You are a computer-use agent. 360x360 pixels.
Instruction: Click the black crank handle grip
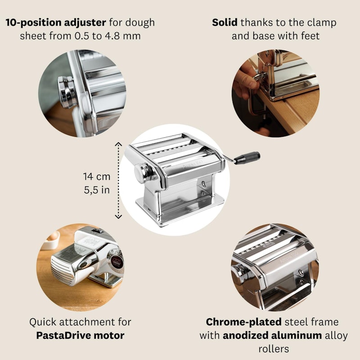click(247, 158)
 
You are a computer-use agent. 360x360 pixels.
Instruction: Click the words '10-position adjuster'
click(56, 22)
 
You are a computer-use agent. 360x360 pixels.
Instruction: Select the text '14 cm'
click(97, 176)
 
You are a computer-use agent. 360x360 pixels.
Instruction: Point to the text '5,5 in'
click(97, 190)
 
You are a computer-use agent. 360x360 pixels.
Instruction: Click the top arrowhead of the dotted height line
click(118, 144)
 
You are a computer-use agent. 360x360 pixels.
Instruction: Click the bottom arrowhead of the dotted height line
click(118, 216)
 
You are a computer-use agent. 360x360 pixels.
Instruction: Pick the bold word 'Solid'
click(225, 22)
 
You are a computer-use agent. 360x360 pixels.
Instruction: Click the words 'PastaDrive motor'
click(80, 335)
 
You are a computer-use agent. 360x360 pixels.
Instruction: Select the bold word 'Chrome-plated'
click(243, 322)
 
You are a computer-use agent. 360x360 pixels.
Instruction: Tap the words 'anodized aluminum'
click(272, 335)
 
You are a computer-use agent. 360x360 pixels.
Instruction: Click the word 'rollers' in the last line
click(274, 349)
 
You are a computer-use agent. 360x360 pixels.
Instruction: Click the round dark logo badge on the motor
click(117, 262)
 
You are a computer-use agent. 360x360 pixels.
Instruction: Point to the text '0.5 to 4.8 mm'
click(108, 36)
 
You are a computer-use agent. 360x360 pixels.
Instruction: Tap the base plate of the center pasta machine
click(180, 211)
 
